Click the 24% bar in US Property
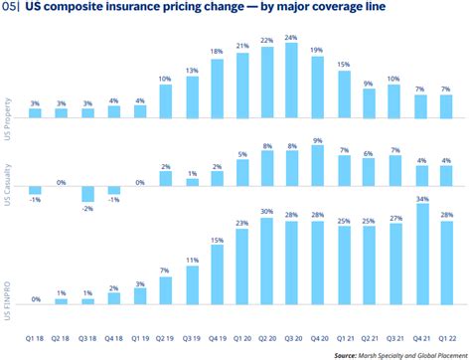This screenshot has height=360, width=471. (291, 81)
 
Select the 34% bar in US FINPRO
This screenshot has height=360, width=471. (422, 254)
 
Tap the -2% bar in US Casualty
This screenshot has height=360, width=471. (88, 194)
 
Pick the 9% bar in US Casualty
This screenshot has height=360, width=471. (318, 166)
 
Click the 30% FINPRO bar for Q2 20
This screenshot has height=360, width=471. (267, 262)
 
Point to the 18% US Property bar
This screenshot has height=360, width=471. (218, 89)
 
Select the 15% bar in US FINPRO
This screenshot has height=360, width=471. (218, 274)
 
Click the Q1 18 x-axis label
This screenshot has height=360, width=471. (35, 338)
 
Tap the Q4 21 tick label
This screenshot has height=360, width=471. (421, 338)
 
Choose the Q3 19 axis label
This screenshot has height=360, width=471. (192, 338)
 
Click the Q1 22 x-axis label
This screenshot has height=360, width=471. (447, 338)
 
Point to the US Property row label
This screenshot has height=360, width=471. (7, 119)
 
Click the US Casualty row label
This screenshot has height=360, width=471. (7, 185)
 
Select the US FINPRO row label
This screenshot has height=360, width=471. (7, 301)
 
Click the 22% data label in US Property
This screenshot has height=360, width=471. (267, 41)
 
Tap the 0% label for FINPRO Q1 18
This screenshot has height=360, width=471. (36, 299)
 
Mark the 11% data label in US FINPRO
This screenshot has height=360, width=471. (192, 261)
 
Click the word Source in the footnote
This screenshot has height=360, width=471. (345, 355)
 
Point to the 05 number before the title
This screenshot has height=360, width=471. (9, 7)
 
